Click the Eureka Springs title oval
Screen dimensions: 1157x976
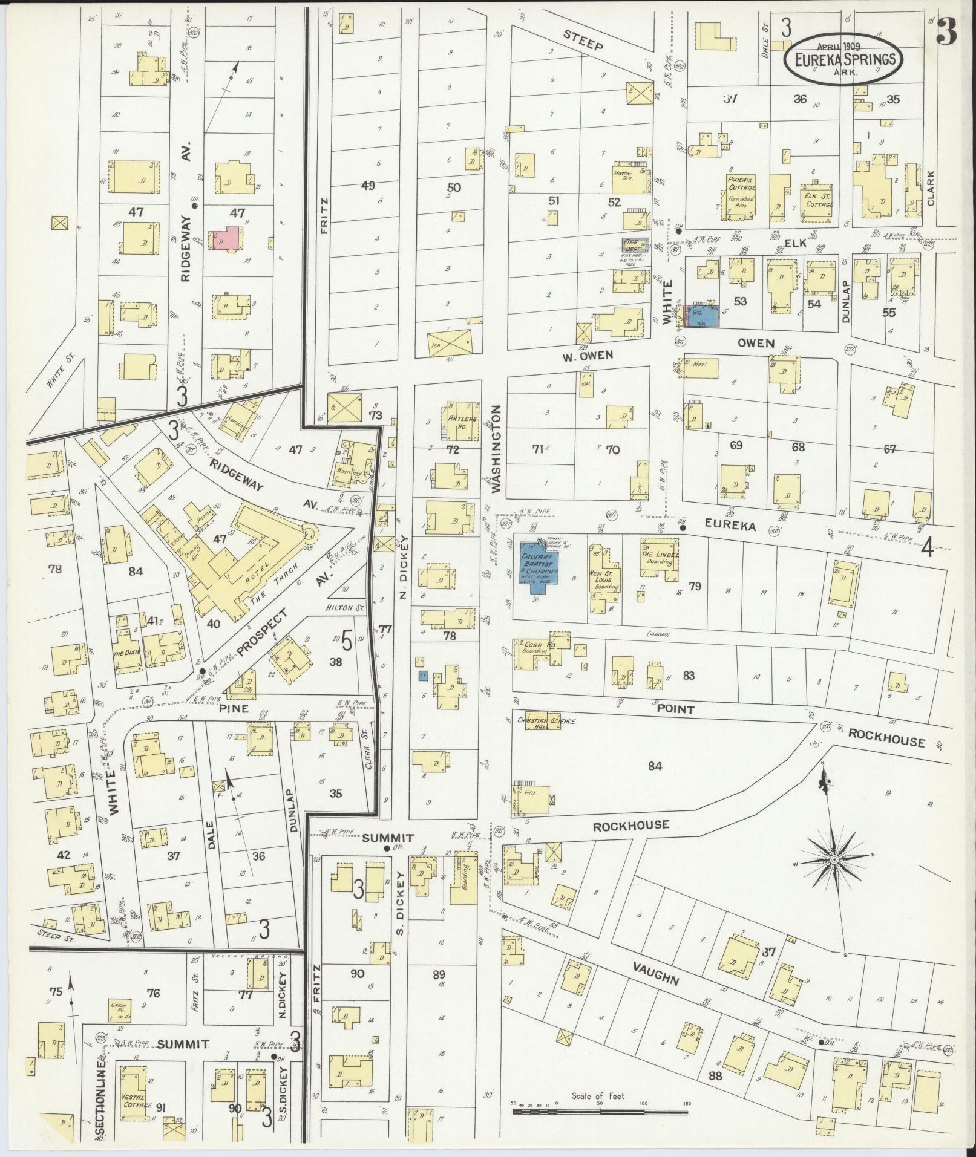click(x=845, y=59)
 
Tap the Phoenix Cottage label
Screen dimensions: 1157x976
click(x=741, y=183)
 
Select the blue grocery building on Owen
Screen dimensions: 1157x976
click(x=703, y=315)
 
